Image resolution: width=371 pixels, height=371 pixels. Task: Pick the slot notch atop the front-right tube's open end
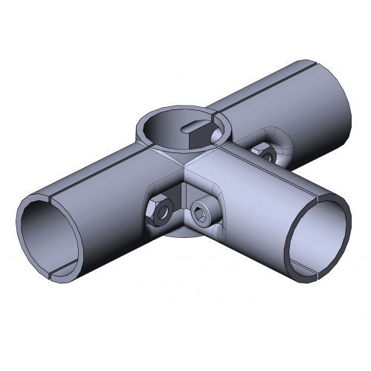(319, 197)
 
